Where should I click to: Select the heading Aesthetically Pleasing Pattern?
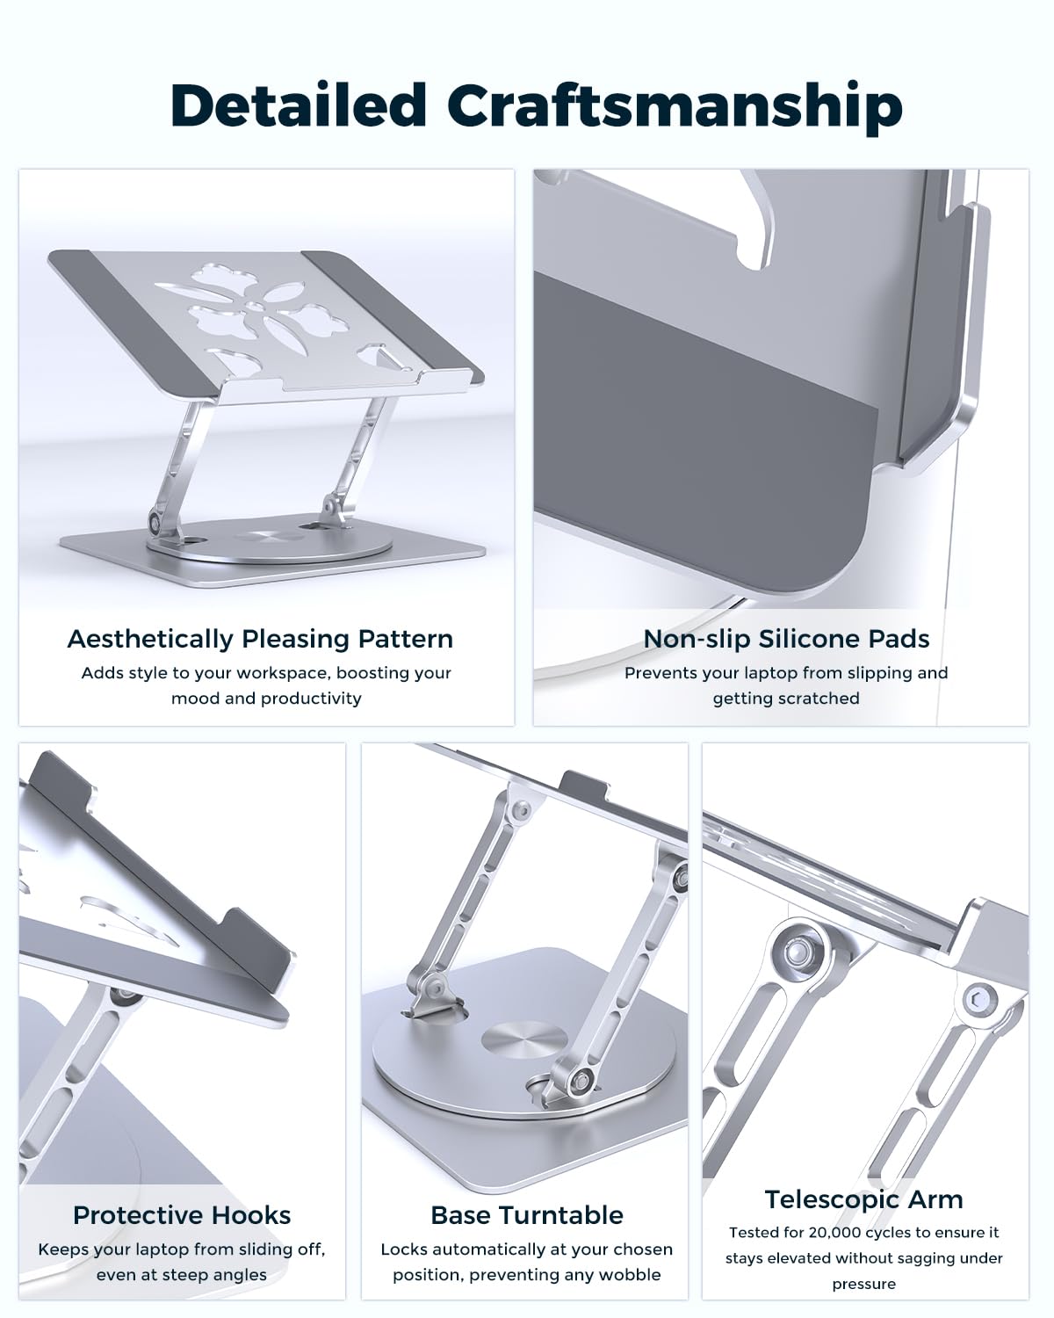[x=260, y=640]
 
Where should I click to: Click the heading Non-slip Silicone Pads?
[x=786, y=640]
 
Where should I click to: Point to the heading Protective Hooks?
[x=182, y=1216]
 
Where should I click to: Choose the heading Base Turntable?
[x=527, y=1216]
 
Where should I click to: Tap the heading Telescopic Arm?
[x=864, y=1199]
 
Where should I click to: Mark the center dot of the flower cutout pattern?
[x=256, y=304]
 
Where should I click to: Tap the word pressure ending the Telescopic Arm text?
[x=864, y=1285]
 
